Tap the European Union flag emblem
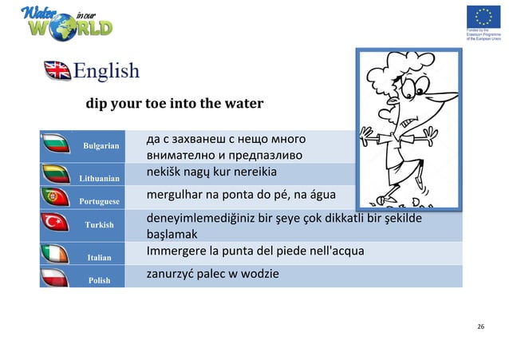pyautogui.click(x=482, y=17)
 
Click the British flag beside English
pyautogui.click(x=57, y=71)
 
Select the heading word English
pyautogui.click(x=106, y=71)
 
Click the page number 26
pyautogui.click(x=480, y=328)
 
